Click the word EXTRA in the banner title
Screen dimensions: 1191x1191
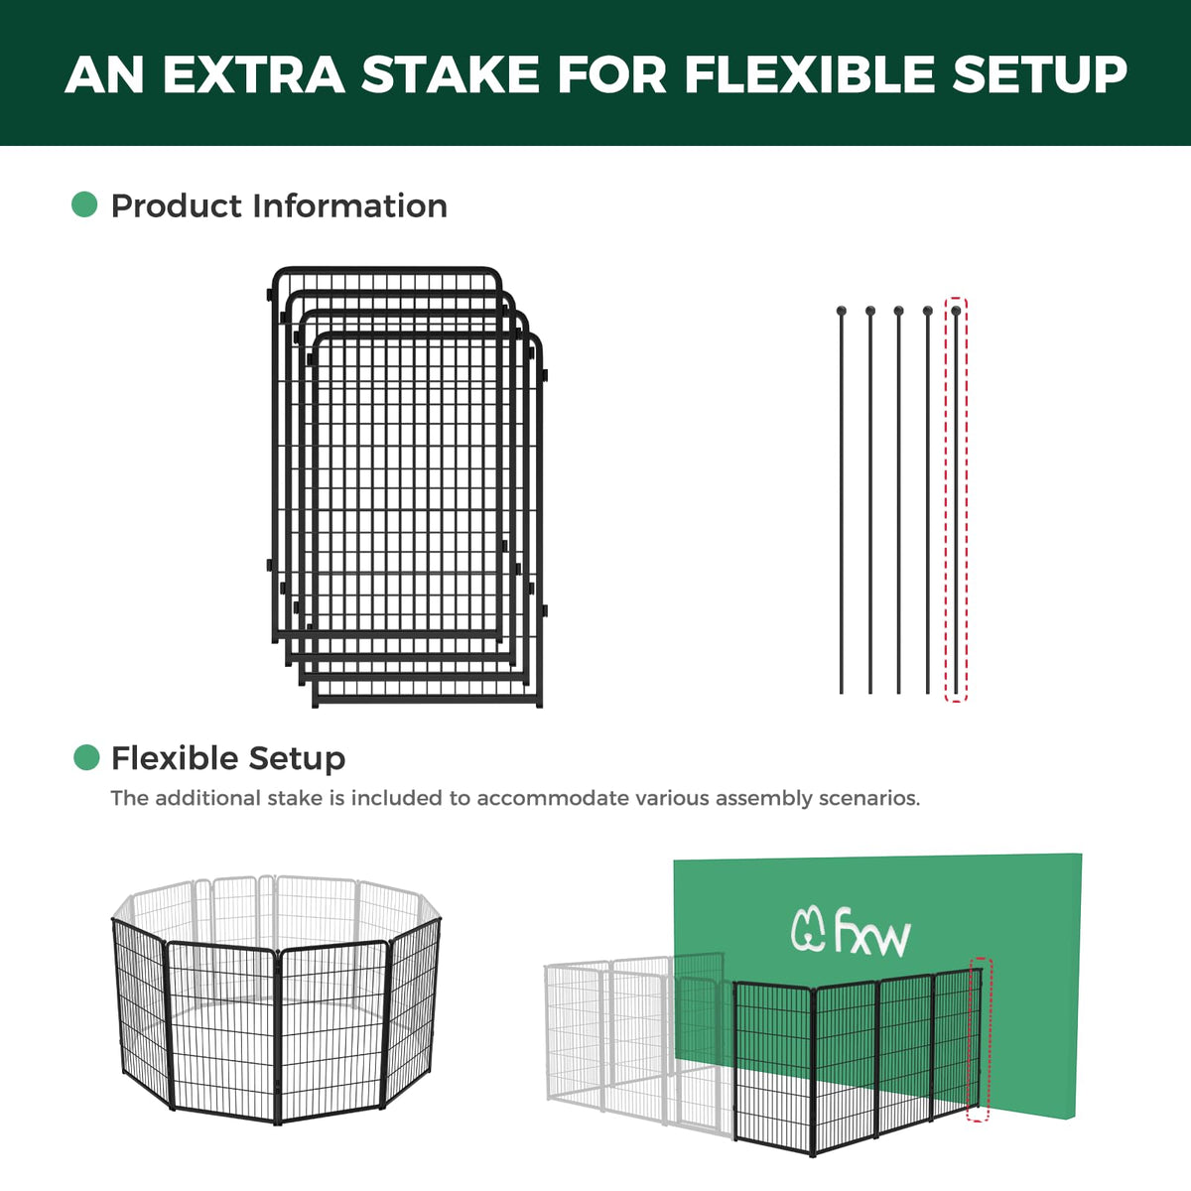coord(253,74)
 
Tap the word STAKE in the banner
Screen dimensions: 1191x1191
coord(451,74)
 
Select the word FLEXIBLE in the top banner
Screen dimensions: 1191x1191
coord(809,74)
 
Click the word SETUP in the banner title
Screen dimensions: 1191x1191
coord(1039,74)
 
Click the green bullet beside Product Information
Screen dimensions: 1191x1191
coord(84,204)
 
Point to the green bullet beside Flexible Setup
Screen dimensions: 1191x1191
coord(86,757)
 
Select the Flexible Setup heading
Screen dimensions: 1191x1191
coord(228,758)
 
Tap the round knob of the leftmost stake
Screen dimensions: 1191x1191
coord(842,311)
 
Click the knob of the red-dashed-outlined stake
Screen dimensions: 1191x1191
coord(956,311)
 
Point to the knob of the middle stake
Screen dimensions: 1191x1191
coord(898,311)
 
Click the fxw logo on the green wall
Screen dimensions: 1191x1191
coord(851,938)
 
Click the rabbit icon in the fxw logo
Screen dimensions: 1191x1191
coord(809,936)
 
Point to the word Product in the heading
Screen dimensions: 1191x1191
coord(177,205)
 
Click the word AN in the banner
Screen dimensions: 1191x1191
coord(104,74)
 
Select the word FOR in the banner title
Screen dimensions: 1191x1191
coord(612,74)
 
